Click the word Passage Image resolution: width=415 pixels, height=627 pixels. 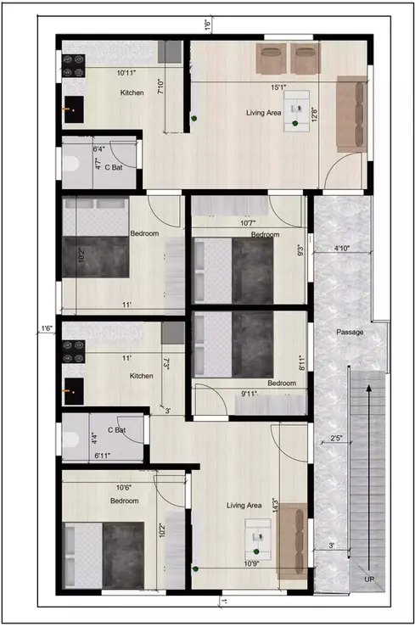350,332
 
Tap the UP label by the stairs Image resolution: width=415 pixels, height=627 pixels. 367,579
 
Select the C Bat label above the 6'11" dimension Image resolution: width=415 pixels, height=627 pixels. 116,430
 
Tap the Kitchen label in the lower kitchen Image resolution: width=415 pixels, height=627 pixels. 141,375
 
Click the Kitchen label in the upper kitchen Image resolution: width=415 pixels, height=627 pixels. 132,92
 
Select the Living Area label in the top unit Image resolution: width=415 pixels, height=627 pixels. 264,112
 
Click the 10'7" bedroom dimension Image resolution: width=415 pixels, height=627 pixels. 249,224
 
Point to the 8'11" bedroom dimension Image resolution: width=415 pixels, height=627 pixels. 304,365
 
